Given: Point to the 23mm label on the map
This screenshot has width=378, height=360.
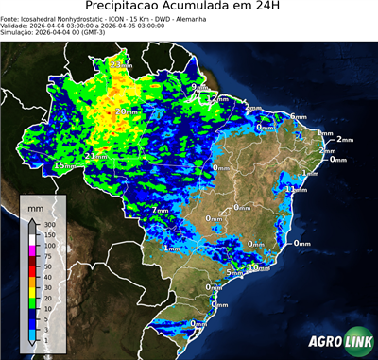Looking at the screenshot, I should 121,63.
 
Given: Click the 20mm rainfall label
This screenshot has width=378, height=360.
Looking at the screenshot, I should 126,111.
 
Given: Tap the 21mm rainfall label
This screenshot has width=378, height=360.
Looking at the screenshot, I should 95,156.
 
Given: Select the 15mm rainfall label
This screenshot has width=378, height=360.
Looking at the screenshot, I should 64,165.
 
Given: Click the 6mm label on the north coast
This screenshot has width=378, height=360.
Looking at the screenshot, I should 298,116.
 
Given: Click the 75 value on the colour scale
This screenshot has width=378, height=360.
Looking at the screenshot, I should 47,256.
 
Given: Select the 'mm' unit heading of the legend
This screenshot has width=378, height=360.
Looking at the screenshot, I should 36,205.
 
